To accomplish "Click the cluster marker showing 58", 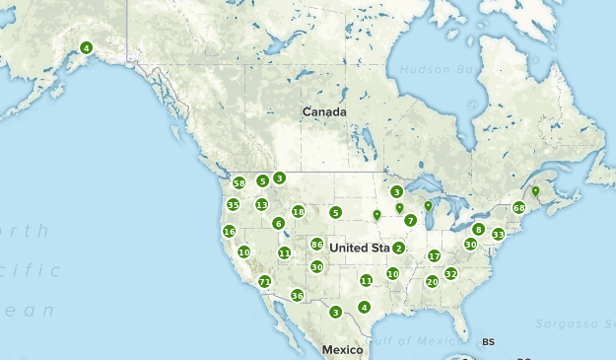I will (x=239, y=183).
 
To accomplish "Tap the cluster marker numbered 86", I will (x=316, y=245).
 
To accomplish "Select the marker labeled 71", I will (x=264, y=282).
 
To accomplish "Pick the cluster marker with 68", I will (x=519, y=208).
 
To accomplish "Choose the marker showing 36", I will (x=297, y=295).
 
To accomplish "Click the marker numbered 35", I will (x=233, y=204).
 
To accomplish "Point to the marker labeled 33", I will (x=498, y=234).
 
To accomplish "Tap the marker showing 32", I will (x=450, y=273).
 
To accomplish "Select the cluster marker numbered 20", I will (x=432, y=281).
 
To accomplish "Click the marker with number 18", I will (x=298, y=211).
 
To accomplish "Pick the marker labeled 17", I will (x=434, y=256).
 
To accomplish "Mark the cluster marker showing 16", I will (x=229, y=232).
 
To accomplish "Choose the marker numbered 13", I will (x=261, y=204).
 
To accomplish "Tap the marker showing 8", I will (x=478, y=229).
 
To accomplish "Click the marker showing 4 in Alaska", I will (x=86, y=47).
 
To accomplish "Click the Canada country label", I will (x=324, y=112).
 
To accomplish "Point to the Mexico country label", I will (x=342, y=350).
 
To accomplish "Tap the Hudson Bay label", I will (x=436, y=70).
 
